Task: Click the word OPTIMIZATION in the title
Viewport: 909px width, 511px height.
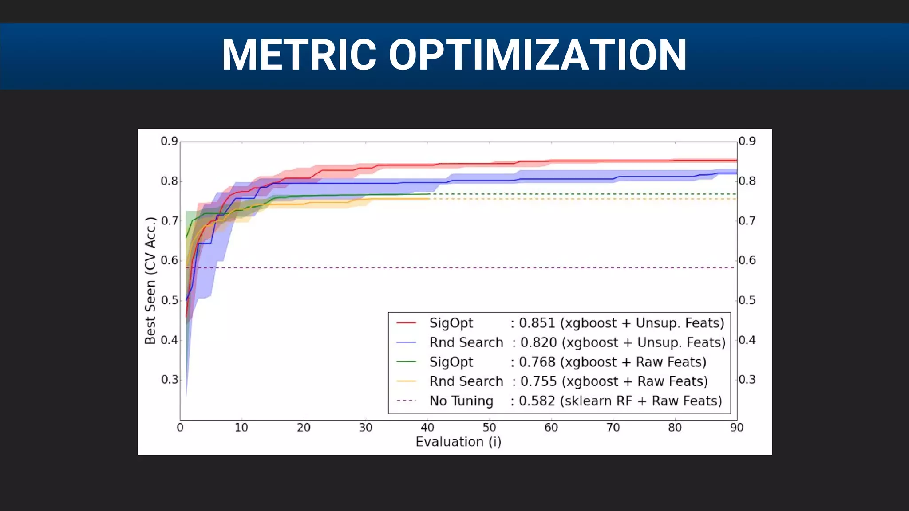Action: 537,55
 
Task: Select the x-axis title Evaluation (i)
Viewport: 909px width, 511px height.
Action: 458,442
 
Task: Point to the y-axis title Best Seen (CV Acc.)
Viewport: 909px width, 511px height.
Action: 151,281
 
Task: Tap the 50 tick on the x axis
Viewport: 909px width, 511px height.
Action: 489,428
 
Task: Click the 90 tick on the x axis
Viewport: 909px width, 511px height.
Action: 736,428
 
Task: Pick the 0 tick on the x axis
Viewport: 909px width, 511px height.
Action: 180,428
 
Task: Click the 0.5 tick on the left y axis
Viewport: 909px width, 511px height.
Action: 169,300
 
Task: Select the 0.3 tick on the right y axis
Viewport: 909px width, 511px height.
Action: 747,380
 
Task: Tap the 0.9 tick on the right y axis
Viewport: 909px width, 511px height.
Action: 747,141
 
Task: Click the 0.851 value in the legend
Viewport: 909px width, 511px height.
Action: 537,323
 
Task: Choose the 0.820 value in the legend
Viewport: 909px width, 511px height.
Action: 538,342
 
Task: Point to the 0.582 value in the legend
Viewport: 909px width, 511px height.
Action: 537,401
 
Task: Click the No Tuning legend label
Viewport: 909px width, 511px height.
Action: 461,401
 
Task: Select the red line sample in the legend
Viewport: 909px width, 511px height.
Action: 406,323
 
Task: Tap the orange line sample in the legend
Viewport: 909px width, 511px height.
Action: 406,381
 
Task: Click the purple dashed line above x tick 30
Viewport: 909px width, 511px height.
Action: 366,267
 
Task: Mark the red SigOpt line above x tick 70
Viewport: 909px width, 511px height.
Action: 613,161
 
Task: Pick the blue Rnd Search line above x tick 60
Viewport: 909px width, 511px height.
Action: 551,179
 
